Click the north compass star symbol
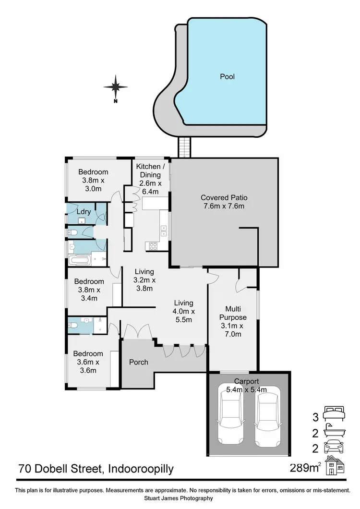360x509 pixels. point(116,87)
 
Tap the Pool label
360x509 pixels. point(227,76)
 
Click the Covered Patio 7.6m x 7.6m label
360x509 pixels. point(224,202)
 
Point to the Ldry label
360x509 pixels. point(84,211)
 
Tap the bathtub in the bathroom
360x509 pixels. point(80,261)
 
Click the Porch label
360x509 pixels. point(139,362)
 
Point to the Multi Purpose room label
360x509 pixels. point(233,317)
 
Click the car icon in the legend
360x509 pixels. point(334,448)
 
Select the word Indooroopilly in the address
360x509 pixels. point(142,468)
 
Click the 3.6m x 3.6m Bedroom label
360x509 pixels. point(88,362)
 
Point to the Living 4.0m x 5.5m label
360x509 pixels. point(183,311)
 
